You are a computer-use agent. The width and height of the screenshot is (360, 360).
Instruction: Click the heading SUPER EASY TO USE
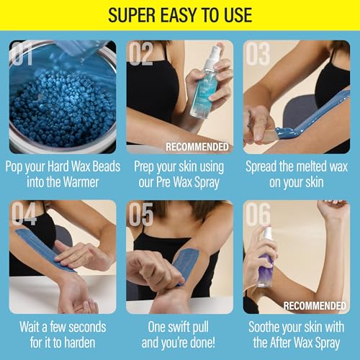(179, 14)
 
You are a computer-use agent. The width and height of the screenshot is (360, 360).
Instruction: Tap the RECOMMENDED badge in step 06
(315, 306)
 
